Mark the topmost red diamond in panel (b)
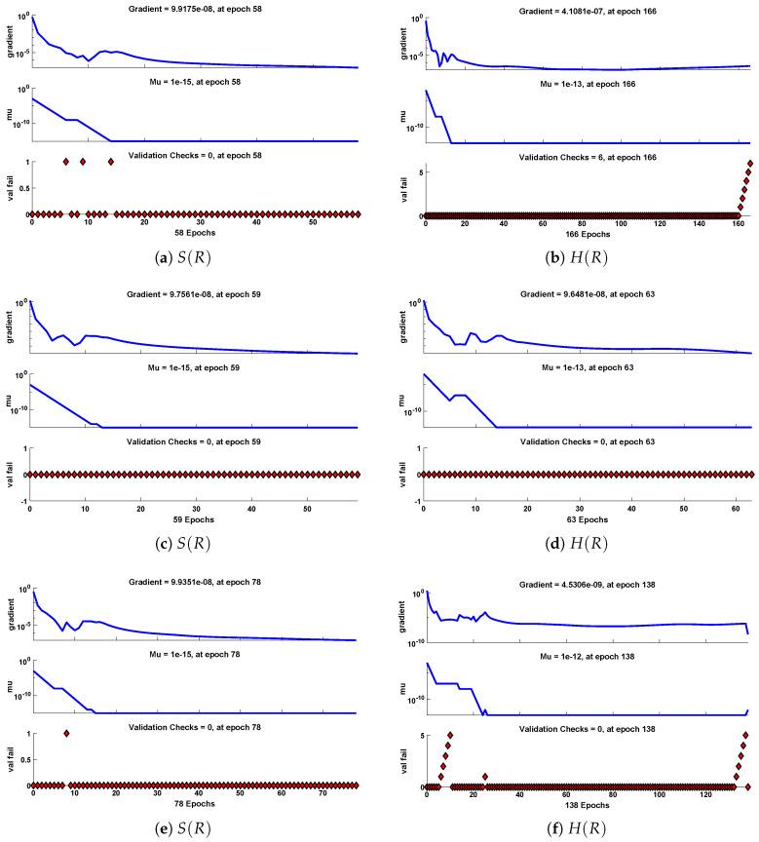[750, 163]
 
